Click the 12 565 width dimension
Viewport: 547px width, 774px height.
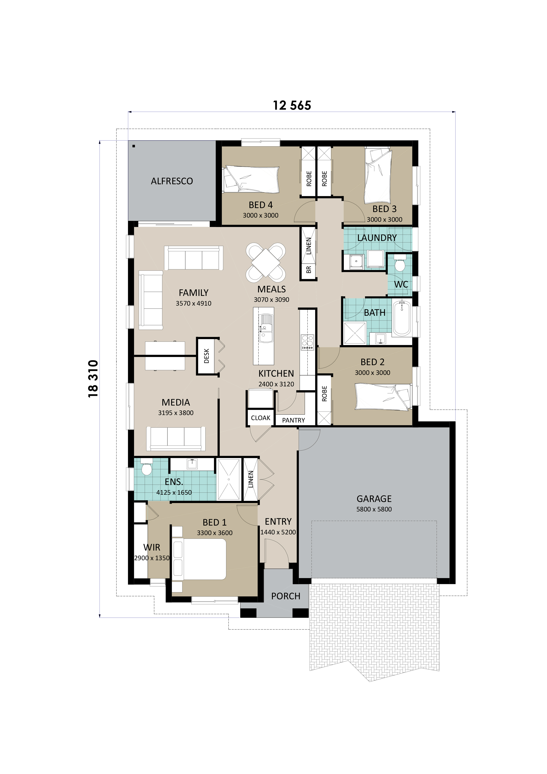[292, 105]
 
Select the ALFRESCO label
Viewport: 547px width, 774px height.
[172, 181]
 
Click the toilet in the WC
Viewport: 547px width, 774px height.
[400, 264]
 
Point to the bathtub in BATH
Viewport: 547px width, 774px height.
[402, 318]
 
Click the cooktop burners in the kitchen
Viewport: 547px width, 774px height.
[307, 342]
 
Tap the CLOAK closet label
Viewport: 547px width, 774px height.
[260, 418]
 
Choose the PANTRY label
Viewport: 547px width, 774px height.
[293, 420]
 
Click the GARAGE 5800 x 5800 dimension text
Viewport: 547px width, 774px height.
[374, 509]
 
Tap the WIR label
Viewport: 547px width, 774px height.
[152, 547]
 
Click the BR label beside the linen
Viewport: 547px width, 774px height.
[308, 270]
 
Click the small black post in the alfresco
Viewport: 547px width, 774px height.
[134, 146]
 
